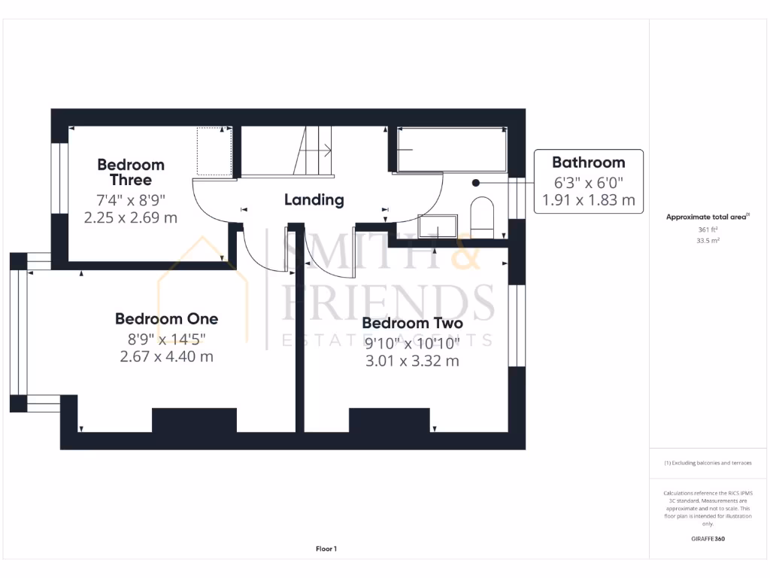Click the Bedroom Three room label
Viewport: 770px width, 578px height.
click(131, 172)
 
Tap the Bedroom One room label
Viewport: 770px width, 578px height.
click(166, 318)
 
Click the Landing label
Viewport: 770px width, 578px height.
click(314, 200)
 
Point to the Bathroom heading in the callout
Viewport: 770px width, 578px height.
click(588, 163)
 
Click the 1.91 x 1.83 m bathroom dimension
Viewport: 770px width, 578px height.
click(588, 200)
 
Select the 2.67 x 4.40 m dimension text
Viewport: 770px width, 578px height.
click(166, 357)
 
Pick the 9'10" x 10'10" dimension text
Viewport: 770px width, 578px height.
click(411, 342)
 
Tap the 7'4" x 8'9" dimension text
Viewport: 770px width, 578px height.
click(131, 200)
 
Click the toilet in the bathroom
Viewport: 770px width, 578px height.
click(481, 215)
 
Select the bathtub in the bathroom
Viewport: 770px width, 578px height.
click(450, 150)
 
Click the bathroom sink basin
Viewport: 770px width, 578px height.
click(438, 227)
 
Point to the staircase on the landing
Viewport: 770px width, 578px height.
click(316, 151)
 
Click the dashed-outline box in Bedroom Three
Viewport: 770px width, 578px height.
click(214, 151)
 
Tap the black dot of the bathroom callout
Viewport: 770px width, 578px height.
click(475, 182)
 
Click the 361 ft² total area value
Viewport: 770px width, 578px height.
click(708, 230)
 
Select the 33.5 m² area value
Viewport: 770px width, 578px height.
click(708, 242)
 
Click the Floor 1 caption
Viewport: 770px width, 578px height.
click(326, 549)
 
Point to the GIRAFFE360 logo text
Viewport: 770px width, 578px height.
click(708, 539)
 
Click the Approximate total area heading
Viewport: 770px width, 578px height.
click(708, 217)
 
